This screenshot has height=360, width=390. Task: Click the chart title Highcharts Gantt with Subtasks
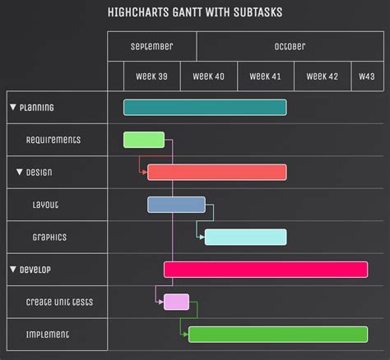point(194,13)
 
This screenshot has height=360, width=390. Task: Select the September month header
point(151,47)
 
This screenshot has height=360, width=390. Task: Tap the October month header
point(290,47)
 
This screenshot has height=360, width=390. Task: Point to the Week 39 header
point(151,76)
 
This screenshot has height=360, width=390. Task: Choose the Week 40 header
point(208,76)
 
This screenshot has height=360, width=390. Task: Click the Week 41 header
point(265,76)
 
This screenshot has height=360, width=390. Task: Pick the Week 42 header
point(322,76)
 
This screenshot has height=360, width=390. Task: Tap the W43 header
point(366,76)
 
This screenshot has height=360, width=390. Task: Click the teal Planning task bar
point(205,107)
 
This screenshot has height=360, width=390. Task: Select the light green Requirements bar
point(144,140)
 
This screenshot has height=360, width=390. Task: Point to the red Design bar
point(217,172)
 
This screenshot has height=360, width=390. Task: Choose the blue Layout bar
point(176,205)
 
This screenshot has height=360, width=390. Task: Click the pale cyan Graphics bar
point(245,237)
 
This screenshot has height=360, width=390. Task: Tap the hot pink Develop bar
point(266,270)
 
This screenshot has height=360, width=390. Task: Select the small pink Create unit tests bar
point(176,302)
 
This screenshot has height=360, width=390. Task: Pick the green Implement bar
point(278,334)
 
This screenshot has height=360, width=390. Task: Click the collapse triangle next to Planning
point(13,107)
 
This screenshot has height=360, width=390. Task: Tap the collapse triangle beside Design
point(20,172)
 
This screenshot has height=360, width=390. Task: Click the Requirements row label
point(53,140)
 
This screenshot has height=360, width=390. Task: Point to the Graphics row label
point(49,237)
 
